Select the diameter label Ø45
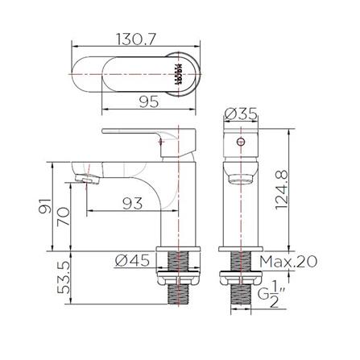(131, 259)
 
